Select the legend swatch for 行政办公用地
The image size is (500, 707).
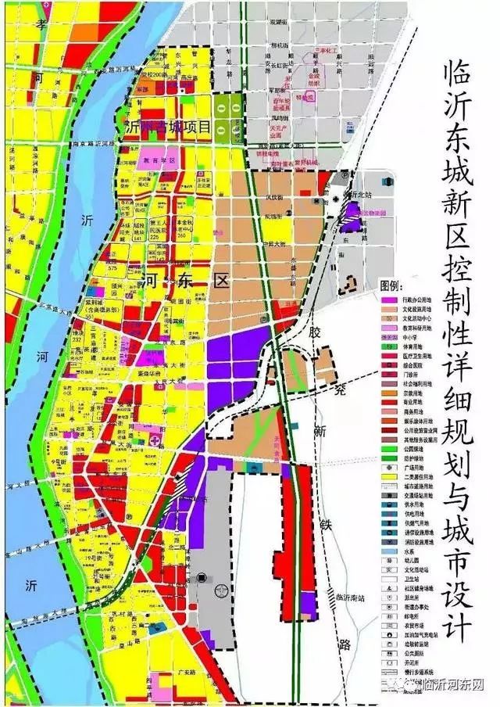(386, 298)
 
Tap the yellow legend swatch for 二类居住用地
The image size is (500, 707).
(386, 476)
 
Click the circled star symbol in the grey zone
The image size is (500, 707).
(202, 578)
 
